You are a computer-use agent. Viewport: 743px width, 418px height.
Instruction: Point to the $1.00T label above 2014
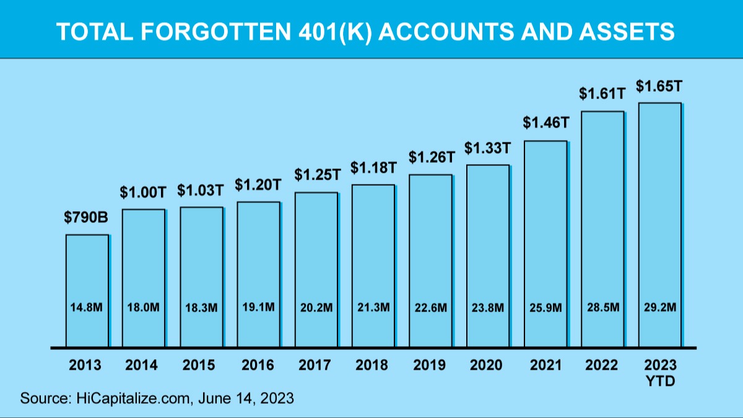pyautogui.click(x=143, y=193)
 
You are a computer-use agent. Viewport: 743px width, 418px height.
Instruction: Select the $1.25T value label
pyautogui.click(x=316, y=175)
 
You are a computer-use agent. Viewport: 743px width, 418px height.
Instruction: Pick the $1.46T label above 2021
pyautogui.click(x=545, y=123)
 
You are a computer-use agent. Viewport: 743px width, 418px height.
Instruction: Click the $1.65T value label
pyautogui.click(x=659, y=85)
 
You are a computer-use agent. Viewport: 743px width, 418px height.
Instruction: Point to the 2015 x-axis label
pyautogui.click(x=199, y=365)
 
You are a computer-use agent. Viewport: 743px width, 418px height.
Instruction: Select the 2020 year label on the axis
pyautogui.click(x=487, y=365)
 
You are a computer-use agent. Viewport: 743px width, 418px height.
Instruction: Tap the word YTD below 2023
pyautogui.click(x=659, y=381)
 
